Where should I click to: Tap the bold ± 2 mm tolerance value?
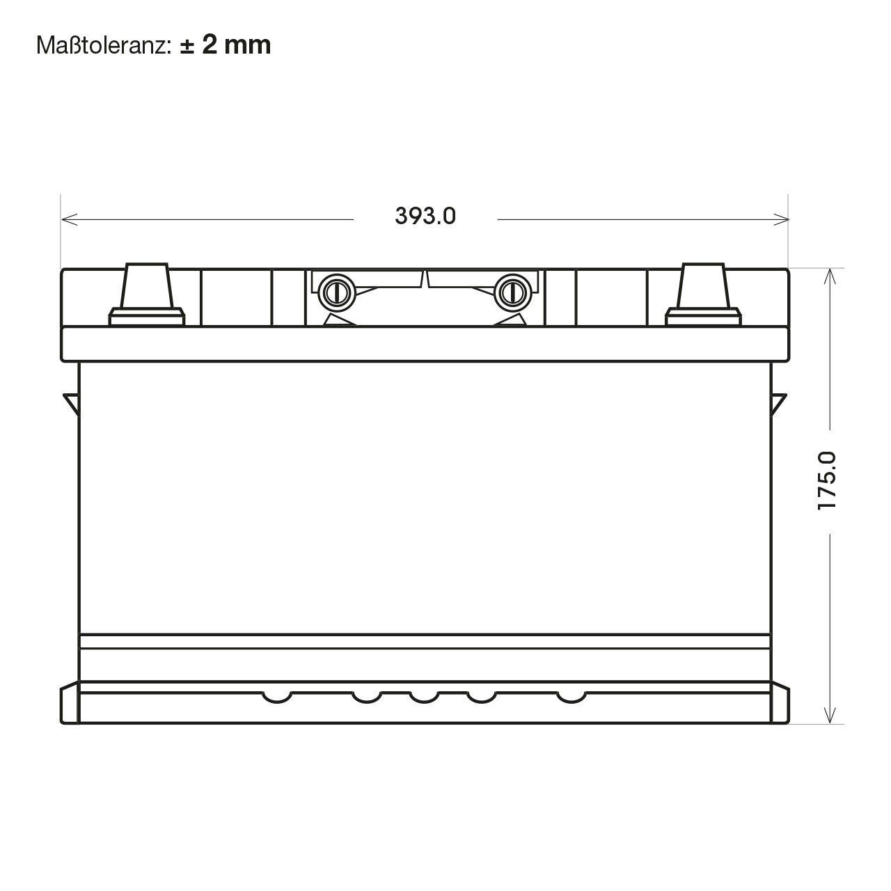pos(225,45)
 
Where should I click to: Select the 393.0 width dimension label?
pos(425,216)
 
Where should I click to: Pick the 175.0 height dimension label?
pos(827,481)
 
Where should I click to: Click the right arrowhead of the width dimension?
pos(781,219)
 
